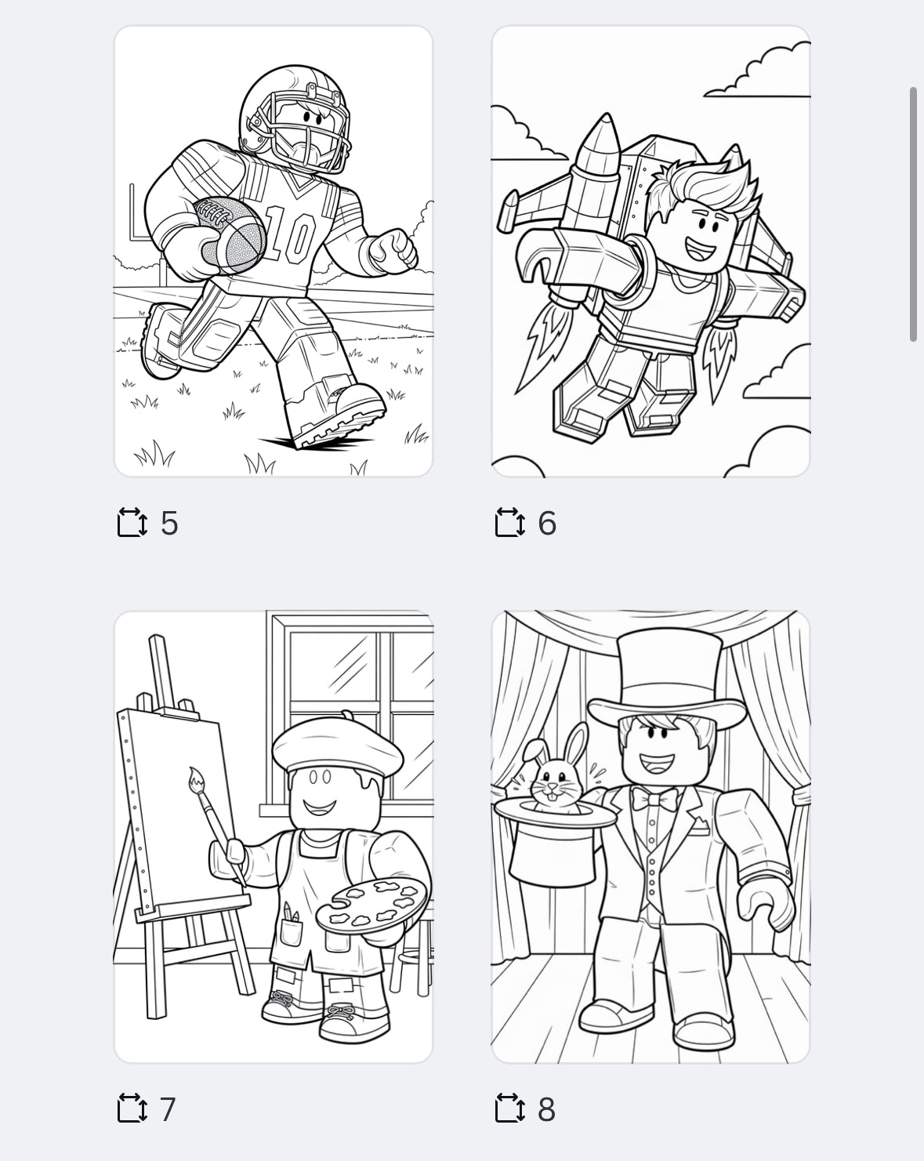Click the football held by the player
point(232,233)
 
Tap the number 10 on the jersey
point(291,233)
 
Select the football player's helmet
point(294,118)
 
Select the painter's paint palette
point(373,904)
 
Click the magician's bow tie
point(655,800)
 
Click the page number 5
point(169,523)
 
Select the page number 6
point(547,523)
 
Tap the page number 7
point(168,1109)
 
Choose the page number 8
point(546,1109)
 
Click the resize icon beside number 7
point(132,1109)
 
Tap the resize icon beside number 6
point(509,523)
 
